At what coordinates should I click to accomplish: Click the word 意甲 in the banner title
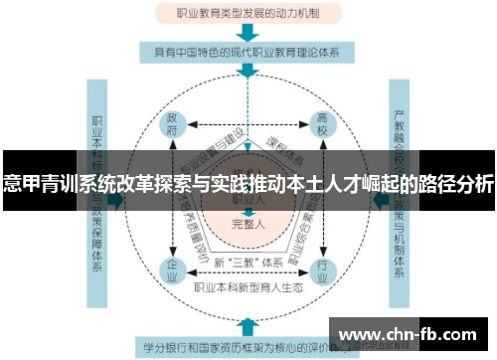pos(22,184)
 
